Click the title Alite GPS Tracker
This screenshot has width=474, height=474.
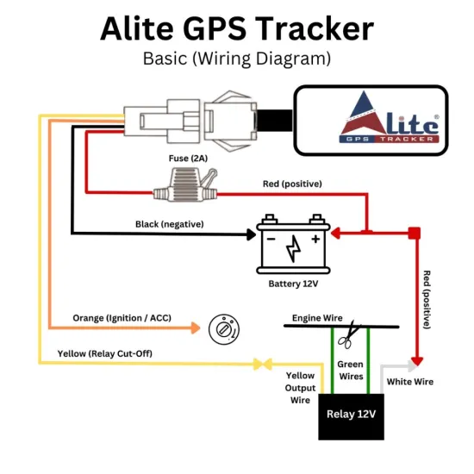237,28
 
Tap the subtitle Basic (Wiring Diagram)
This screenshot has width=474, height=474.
237,59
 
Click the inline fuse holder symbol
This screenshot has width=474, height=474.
186,184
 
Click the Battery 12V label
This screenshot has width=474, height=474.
294,282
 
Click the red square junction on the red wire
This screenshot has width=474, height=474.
414,233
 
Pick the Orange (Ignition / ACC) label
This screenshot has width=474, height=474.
122,318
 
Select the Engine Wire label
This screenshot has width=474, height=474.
317,318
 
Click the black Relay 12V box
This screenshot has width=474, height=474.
352,414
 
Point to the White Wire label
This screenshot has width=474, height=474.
410,382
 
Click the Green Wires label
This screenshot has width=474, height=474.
351,371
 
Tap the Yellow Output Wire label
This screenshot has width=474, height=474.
301,388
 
